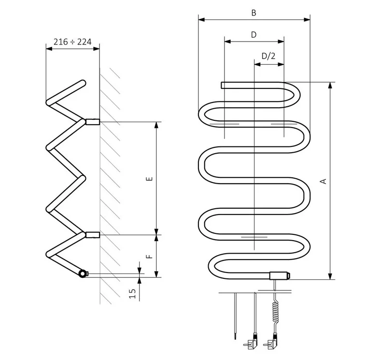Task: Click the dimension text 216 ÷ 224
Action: click(x=72, y=42)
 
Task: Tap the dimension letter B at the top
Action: click(x=254, y=13)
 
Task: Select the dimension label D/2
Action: click(x=268, y=56)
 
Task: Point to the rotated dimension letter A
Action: click(x=324, y=181)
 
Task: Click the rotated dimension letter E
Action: click(x=150, y=179)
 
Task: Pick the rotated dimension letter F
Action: click(x=150, y=257)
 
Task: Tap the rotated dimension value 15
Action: click(x=132, y=294)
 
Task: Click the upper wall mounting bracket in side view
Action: click(x=93, y=122)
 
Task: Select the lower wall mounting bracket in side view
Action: click(x=93, y=235)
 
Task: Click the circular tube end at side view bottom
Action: click(x=83, y=274)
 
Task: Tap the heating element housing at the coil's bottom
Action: click(x=280, y=276)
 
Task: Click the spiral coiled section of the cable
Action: click(x=276, y=312)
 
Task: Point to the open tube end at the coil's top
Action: click(x=223, y=86)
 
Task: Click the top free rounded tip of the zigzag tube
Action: click(x=83, y=83)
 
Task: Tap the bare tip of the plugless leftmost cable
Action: click(x=235, y=337)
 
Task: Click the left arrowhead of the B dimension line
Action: click(x=201, y=19)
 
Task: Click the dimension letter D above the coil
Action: click(x=254, y=35)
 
